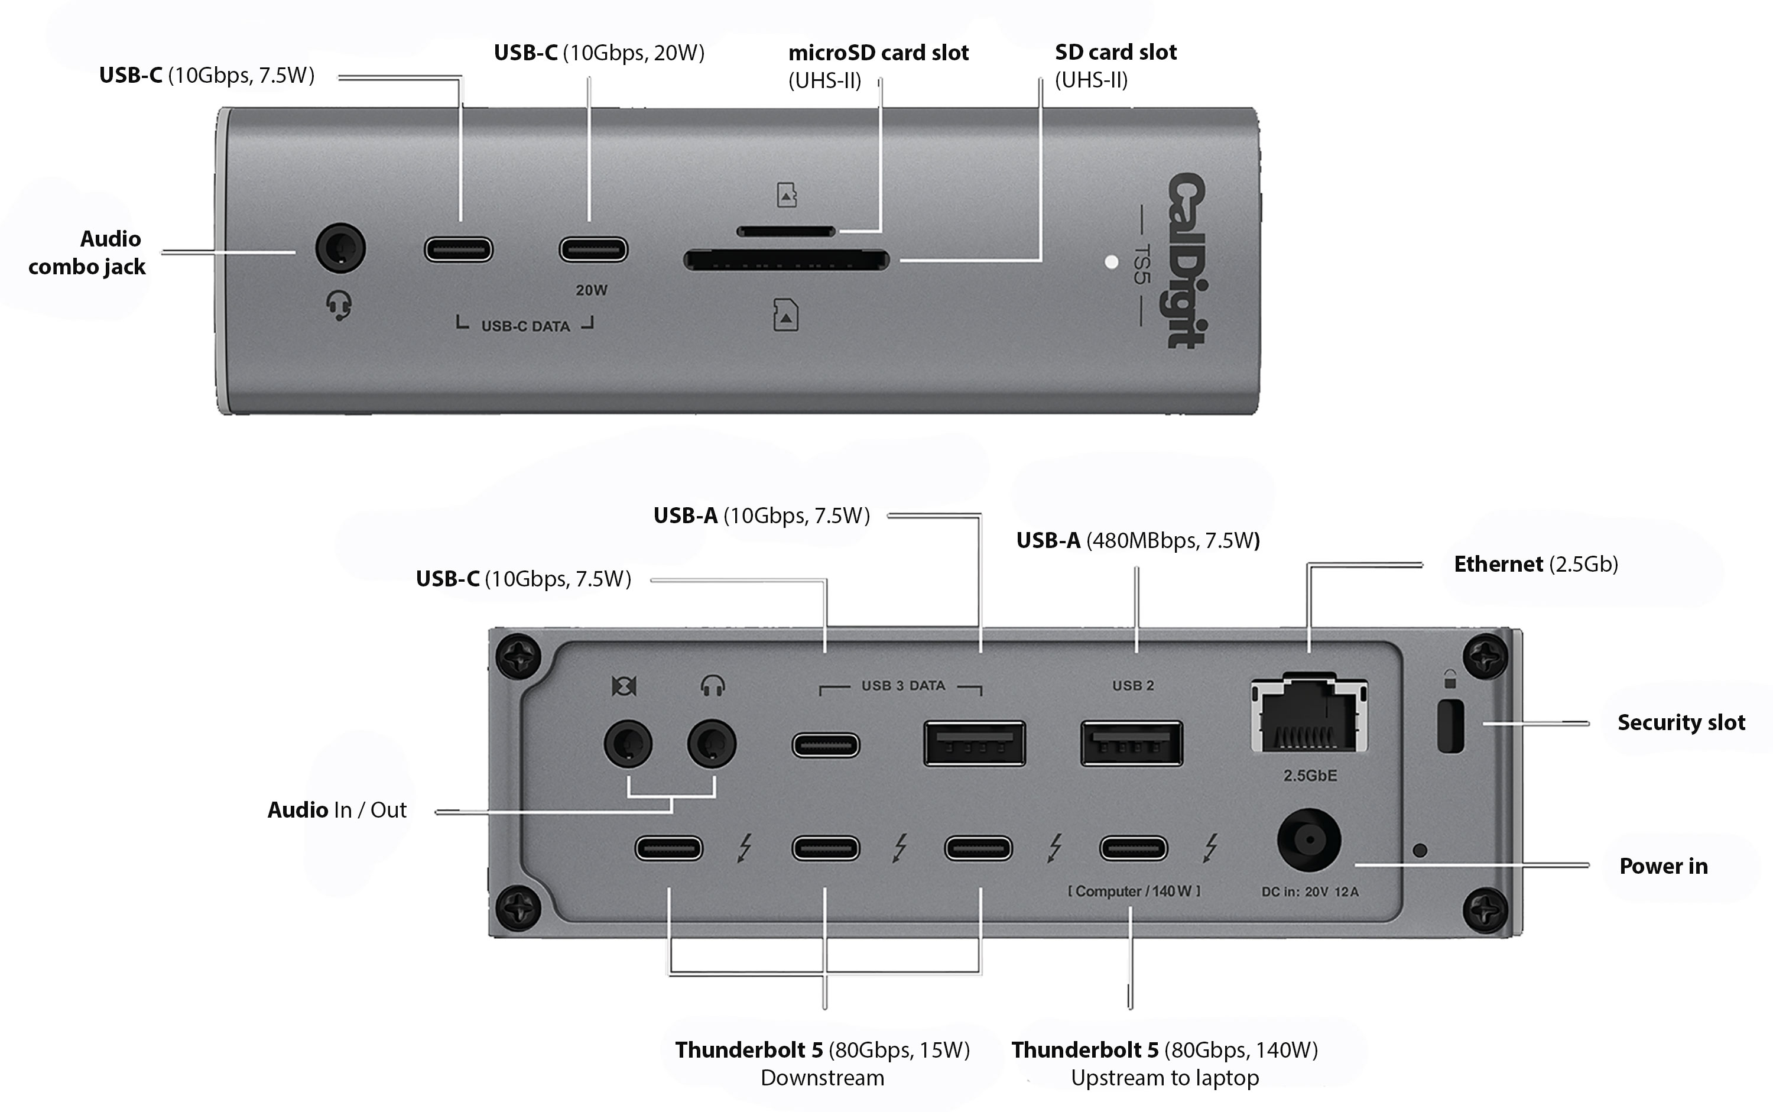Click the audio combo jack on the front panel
pyautogui.click(x=340, y=248)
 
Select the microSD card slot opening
pyautogui.click(x=786, y=232)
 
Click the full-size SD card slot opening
pyautogui.click(x=786, y=260)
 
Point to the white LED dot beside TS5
pyautogui.click(x=1112, y=262)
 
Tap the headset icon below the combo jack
pyautogui.click(x=339, y=304)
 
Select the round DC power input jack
pyautogui.click(x=1308, y=839)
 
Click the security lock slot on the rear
pyautogui.click(x=1450, y=727)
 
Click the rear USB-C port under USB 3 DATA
pyautogui.click(x=825, y=745)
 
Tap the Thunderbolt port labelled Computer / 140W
pyautogui.click(x=1133, y=848)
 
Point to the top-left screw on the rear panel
pyautogui.click(x=518, y=654)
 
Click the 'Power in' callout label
pyautogui.click(x=1662, y=865)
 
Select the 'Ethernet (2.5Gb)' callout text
pyautogui.click(x=1535, y=564)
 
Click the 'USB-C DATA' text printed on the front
pyautogui.click(x=525, y=326)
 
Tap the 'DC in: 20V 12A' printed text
pyautogui.click(x=1310, y=892)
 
